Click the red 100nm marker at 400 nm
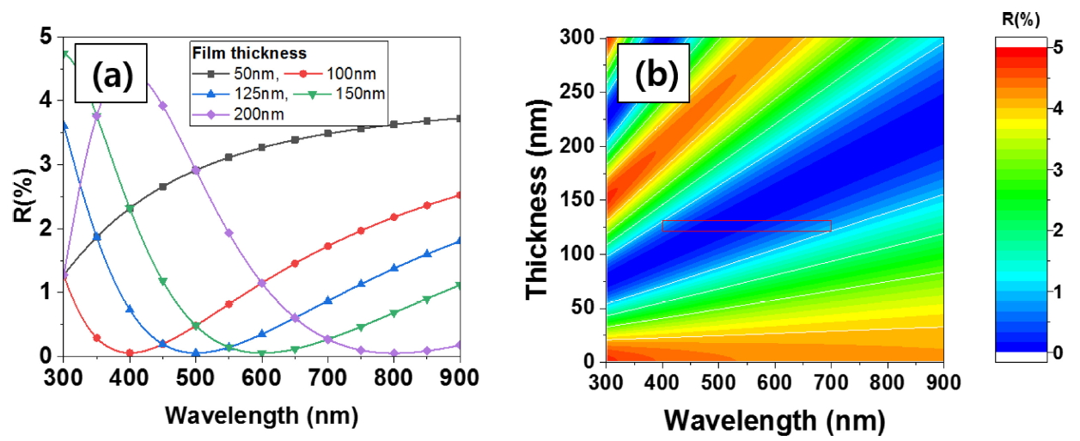point(130,352)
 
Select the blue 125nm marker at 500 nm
point(196,352)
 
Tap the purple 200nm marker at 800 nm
point(393,352)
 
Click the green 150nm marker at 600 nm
point(261,352)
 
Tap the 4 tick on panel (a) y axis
point(46,101)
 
